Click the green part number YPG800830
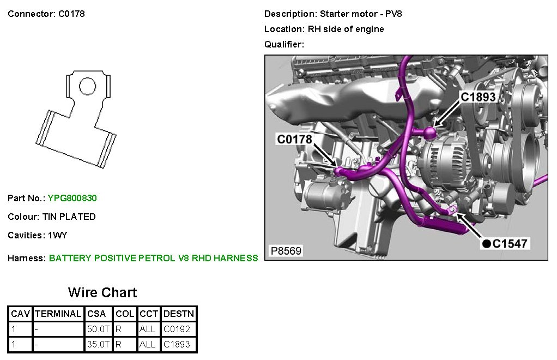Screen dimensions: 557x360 pyautogui.click(x=72, y=198)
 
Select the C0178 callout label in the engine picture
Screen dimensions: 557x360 pyautogui.click(x=294, y=140)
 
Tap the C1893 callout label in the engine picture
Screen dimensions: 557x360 pyautogui.click(x=478, y=97)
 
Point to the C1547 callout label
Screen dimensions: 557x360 pyautogui.click(x=510, y=243)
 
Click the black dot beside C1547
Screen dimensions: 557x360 pyautogui.click(x=486, y=243)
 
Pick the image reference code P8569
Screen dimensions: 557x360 pyautogui.click(x=286, y=251)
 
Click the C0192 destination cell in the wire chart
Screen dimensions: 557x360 pyautogui.click(x=179, y=329)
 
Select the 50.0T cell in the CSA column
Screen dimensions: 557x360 pyautogui.click(x=99, y=329)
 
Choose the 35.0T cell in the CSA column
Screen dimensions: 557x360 pyautogui.click(x=99, y=344)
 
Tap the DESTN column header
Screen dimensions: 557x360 pyautogui.click(x=179, y=314)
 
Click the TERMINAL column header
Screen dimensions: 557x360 pyautogui.click(x=58, y=314)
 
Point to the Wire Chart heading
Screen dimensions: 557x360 pyautogui.click(x=102, y=292)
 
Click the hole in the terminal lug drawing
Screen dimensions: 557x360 pyautogui.click(x=87, y=87)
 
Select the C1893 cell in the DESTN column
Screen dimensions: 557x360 pyautogui.click(x=179, y=344)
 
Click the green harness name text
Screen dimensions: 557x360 pyautogui.click(x=153, y=258)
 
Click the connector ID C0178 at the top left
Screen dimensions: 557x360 pyautogui.click(x=71, y=14)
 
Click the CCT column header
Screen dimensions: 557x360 pyautogui.click(x=148, y=314)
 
